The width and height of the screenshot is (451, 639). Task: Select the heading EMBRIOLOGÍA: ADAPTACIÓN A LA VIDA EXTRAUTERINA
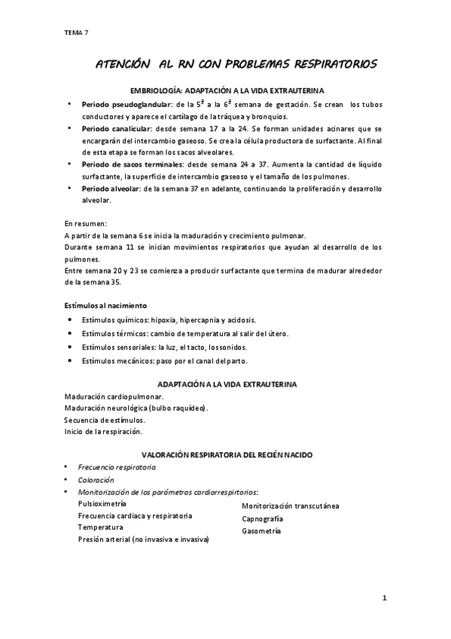click(226, 90)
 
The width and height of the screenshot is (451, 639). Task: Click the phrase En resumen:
click(86, 224)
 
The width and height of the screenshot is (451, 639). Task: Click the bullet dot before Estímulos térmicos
click(69, 333)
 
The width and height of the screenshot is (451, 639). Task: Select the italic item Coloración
click(96, 479)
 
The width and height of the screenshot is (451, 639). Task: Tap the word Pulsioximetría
click(102, 503)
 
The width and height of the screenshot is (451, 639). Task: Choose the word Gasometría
click(261, 531)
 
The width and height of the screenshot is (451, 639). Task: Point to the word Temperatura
click(100, 527)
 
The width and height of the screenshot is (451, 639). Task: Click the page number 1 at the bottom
click(384, 599)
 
